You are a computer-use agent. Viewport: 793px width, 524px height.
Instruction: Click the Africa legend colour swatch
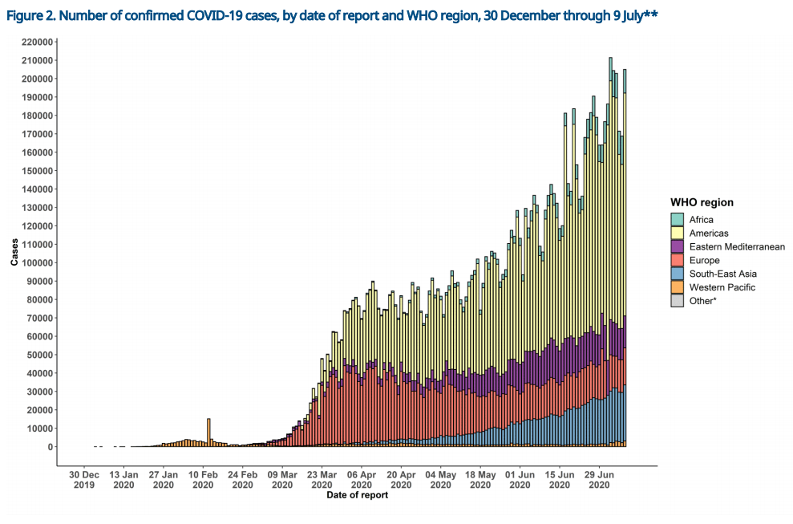678,219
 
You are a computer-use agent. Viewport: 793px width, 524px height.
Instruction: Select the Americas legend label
709,233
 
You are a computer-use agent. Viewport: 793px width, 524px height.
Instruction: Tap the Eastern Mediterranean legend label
736,246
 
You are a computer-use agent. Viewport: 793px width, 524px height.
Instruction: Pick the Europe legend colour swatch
678,260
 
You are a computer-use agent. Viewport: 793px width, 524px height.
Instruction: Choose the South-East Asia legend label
722,274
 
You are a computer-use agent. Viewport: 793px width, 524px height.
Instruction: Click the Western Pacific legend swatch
678,287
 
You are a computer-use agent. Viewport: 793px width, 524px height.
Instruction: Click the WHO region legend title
702,202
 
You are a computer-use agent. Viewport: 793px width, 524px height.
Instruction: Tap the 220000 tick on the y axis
38,42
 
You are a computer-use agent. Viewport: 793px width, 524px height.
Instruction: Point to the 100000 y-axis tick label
38,262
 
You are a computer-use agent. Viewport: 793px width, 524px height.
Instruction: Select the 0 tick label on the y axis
51,447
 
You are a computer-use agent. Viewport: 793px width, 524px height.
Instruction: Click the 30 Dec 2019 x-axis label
84,479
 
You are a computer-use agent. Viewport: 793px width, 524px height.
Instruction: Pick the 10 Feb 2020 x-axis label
203,479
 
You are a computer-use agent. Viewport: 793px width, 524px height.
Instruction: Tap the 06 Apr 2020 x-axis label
362,479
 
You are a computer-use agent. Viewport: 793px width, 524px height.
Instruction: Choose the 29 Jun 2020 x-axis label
600,479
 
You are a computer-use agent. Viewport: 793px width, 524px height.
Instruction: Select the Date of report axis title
357,495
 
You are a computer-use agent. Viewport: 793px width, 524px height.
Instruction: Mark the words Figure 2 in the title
31,14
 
